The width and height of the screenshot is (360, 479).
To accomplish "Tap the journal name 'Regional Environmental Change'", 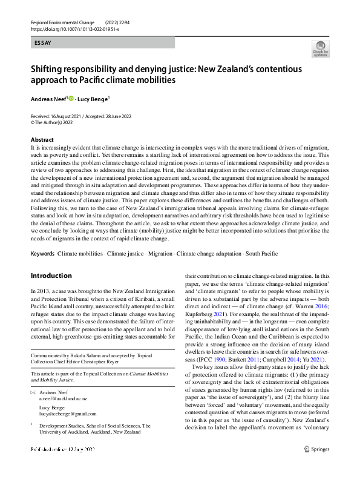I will pyautogui.click(x=61, y=22).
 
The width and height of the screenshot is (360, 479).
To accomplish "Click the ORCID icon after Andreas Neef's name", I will pyautogui.click(x=70, y=99).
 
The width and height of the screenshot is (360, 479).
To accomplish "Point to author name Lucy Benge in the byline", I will pyautogui.click(x=93, y=99).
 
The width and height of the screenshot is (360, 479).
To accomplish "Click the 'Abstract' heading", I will pyautogui.click(x=42, y=140).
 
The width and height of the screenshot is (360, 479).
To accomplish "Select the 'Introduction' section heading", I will pyautogui.click(x=51, y=276).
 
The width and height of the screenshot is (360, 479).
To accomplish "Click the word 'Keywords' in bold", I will pyautogui.click(x=42, y=253).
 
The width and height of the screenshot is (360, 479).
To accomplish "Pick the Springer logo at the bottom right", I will pyautogui.click(x=316, y=466).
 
